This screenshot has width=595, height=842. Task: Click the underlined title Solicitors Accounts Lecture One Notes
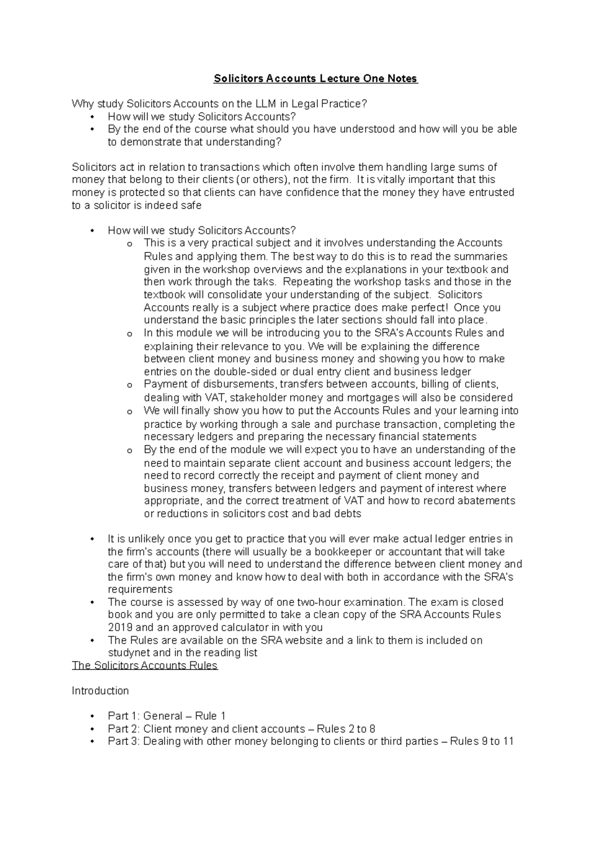click(x=316, y=79)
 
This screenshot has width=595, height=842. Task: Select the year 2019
click(x=120, y=628)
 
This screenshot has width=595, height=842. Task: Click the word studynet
click(x=129, y=653)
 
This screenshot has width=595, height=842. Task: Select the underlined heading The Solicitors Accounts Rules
click(x=145, y=665)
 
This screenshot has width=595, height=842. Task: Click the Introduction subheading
click(x=100, y=691)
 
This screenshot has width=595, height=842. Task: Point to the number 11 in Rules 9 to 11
click(x=508, y=742)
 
